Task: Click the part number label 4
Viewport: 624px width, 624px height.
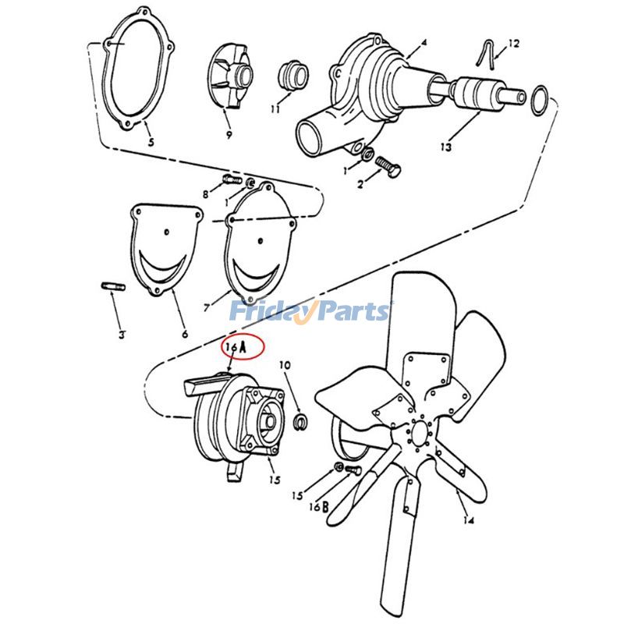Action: point(424,41)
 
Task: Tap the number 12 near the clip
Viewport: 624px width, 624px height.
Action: point(513,45)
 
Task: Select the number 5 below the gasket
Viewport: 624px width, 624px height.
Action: point(151,143)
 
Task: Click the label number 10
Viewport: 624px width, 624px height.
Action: point(284,365)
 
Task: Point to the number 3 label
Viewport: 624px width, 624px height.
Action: point(122,335)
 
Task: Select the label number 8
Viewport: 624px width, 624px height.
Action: point(206,193)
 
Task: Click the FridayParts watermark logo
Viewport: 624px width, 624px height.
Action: point(310,312)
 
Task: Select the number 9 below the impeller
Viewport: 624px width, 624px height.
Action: point(229,134)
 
